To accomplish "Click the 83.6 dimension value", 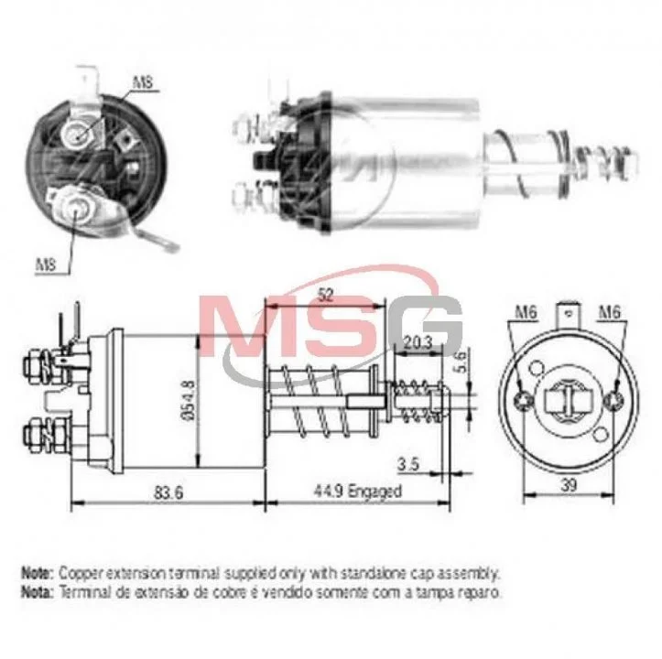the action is click(x=168, y=492).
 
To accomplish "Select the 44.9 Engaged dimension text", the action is click(x=358, y=491).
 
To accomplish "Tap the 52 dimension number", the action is click(x=325, y=295).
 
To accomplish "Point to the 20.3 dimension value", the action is click(x=418, y=342).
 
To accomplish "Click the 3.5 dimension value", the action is click(x=408, y=464).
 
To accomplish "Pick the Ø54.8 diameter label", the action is click(x=189, y=400).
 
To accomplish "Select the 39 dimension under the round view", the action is click(x=569, y=485).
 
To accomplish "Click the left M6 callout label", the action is click(x=526, y=312).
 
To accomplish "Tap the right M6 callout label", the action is click(x=610, y=312).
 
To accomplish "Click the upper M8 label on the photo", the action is click(x=143, y=81).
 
